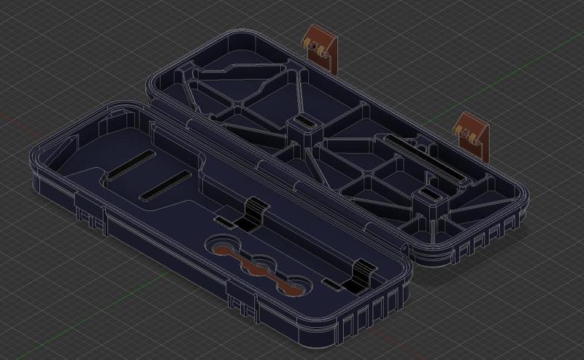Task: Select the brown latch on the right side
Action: (x=473, y=134)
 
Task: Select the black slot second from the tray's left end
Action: (x=165, y=187)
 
